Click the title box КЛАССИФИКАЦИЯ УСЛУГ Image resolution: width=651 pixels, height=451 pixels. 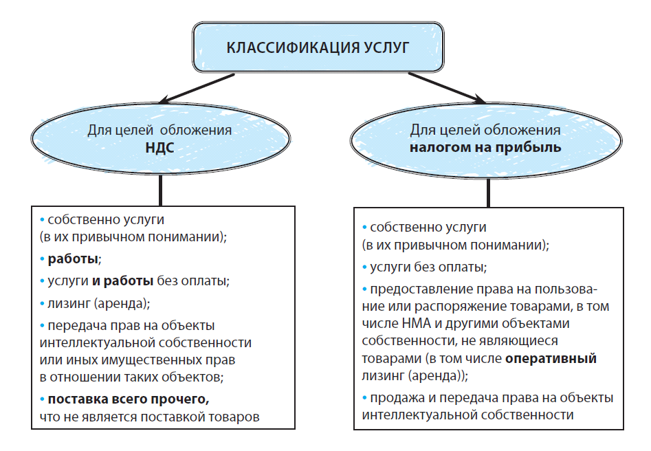(x=318, y=47)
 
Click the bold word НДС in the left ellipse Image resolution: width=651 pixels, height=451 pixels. (x=160, y=148)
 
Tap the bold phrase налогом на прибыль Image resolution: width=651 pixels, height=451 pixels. (x=485, y=148)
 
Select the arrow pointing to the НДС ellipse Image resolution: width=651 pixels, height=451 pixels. (x=197, y=89)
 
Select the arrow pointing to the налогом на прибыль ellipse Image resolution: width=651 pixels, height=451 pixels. (x=447, y=88)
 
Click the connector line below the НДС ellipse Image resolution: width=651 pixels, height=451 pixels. (x=160, y=190)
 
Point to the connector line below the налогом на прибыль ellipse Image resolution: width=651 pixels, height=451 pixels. (x=488, y=192)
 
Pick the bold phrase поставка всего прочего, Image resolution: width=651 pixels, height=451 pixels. (x=129, y=399)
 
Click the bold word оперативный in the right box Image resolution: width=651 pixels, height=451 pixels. (x=551, y=358)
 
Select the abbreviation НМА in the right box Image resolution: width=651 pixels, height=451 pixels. (x=417, y=324)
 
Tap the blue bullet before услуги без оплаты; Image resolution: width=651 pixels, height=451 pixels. (x=364, y=267)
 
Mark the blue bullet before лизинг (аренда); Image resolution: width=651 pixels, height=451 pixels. (x=42, y=304)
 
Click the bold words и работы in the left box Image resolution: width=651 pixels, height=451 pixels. (x=123, y=282)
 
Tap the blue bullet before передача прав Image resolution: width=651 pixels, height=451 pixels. (x=42, y=326)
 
